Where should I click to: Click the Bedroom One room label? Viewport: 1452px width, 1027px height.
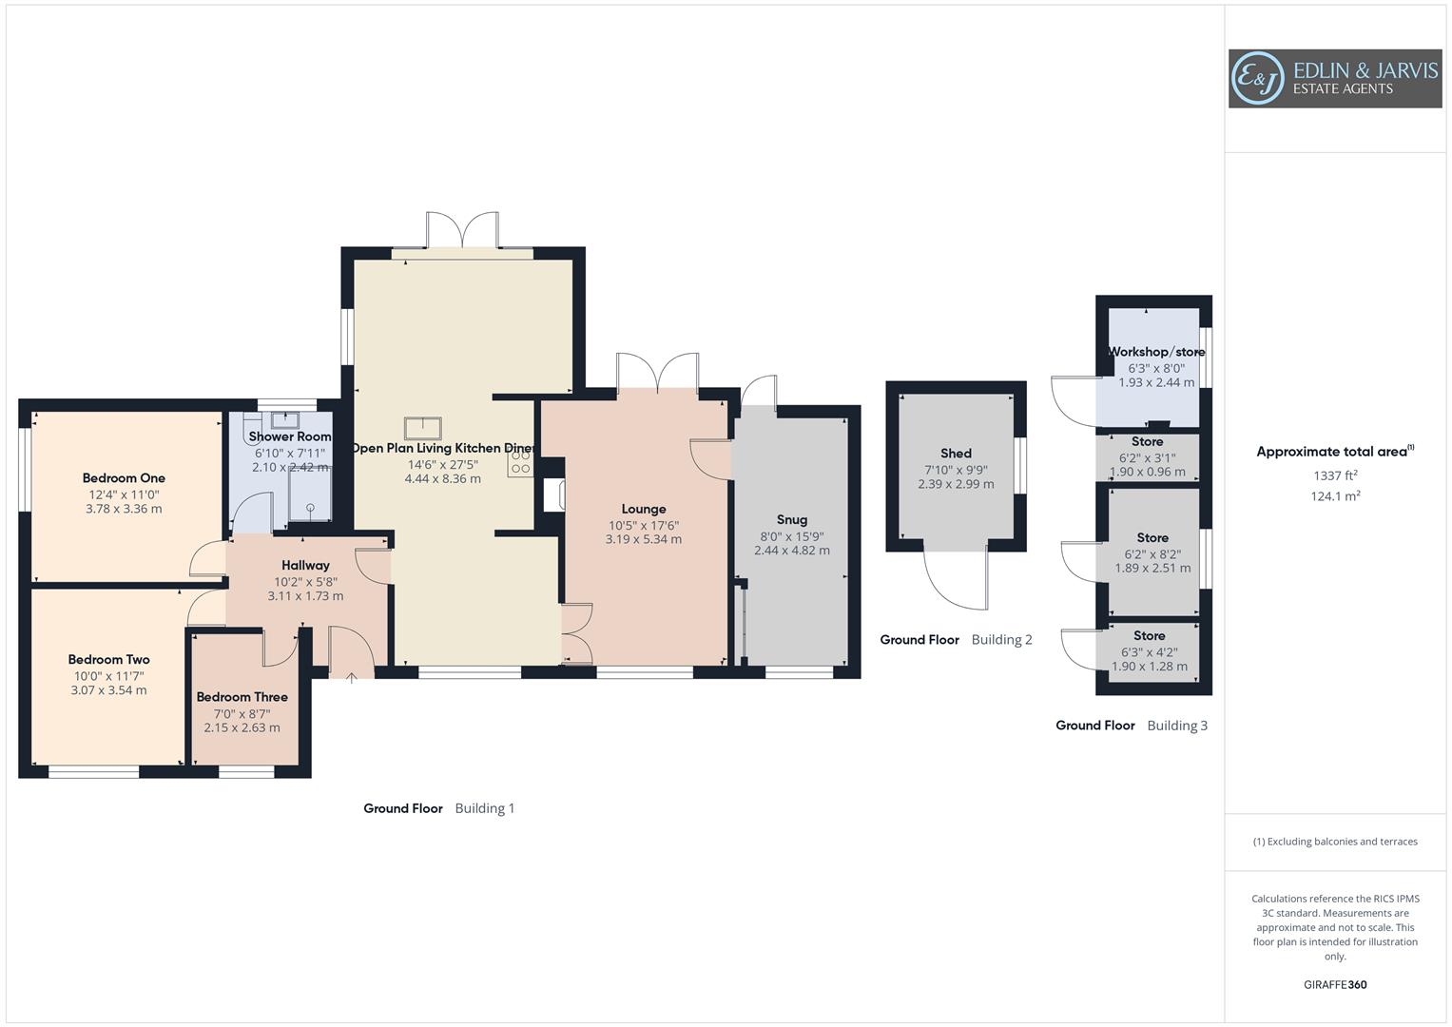point(124,478)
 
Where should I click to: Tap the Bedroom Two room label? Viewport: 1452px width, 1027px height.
point(108,659)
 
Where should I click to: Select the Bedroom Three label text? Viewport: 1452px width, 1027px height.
point(242,697)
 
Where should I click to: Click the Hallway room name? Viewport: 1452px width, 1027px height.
point(305,565)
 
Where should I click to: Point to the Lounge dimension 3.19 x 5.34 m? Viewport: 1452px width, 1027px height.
point(643,539)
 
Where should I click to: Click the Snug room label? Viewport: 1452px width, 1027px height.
point(791,519)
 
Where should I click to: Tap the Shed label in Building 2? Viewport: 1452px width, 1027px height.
point(956,454)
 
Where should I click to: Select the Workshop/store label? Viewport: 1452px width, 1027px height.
point(1155,352)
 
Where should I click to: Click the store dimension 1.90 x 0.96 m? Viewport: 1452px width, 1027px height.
point(1147,472)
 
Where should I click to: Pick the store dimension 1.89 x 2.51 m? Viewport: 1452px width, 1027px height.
point(1152,569)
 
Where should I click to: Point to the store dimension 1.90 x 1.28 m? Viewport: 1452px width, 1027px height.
point(1149,667)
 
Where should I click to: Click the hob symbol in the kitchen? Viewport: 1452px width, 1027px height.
point(520,462)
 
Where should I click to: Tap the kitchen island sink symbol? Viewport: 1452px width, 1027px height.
point(422,429)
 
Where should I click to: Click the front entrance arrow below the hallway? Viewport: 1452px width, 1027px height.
point(352,677)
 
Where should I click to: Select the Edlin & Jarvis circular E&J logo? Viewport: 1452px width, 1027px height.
point(1257,79)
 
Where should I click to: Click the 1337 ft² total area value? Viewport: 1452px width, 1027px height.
point(1335,475)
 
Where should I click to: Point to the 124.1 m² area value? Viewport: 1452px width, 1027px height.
point(1335,496)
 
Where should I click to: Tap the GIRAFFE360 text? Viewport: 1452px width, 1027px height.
point(1335,985)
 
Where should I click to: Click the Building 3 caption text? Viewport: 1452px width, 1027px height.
point(1177,726)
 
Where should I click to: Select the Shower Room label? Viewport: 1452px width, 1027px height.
point(290,436)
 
